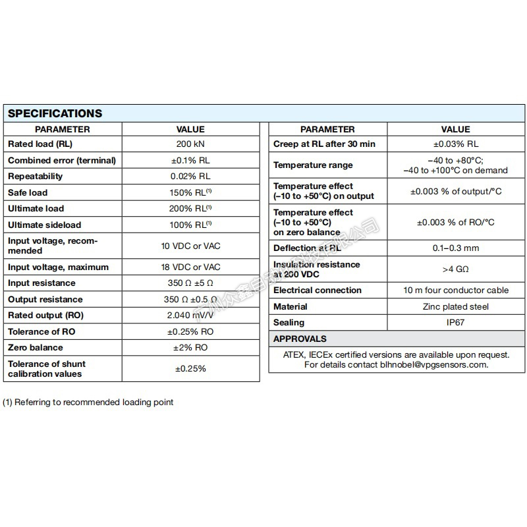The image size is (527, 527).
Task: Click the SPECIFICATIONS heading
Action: click(55, 113)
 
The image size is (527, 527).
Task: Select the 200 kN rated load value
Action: click(190, 144)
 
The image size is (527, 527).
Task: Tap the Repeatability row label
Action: click(36, 177)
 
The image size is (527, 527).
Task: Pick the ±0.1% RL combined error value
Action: click(190, 160)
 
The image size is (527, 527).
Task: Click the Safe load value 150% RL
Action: click(190, 192)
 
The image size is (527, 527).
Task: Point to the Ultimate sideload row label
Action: click(45, 225)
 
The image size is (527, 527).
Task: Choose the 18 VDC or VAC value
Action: click(190, 267)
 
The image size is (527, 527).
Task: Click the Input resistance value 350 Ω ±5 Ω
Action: click(190, 283)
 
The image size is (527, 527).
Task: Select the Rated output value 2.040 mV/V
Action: click(190, 315)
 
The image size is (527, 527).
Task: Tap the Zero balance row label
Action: click(36, 347)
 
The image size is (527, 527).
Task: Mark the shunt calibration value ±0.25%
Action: click(190, 368)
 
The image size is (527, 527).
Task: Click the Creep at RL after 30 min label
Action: click(324, 144)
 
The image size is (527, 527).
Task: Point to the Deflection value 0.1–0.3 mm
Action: click(455, 248)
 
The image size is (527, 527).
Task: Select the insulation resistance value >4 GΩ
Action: click(455, 269)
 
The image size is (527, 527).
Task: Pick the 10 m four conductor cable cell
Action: click(455, 291)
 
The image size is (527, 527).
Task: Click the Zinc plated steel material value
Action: click(455, 306)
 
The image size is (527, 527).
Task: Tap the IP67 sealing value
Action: click(455, 323)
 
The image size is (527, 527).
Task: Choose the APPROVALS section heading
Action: click(300, 339)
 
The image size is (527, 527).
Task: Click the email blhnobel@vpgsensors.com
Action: click(434, 364)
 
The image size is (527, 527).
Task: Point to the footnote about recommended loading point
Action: click(88, 402)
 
